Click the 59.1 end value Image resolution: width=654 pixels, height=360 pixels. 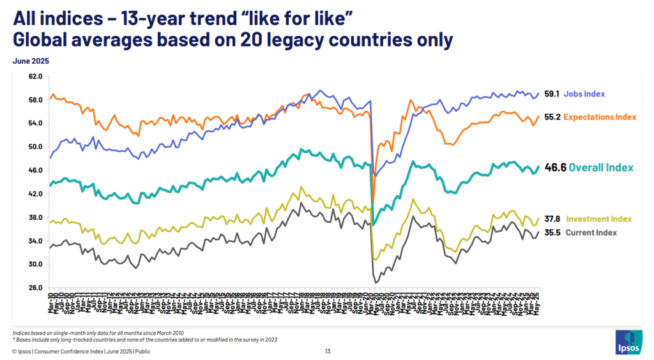[x=552, y=94]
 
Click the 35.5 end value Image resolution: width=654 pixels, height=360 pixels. [x=552, y=232]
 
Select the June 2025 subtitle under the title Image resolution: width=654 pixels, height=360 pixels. [x=31, y=61]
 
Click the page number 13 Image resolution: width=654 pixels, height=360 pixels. [x=327, y=351]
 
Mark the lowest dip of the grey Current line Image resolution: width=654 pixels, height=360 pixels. [x=376, y=281]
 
